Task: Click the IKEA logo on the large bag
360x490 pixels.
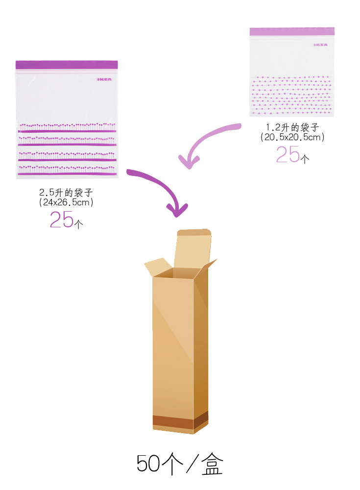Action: tap(103, 78)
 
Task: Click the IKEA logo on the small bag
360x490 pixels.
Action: tap(321, 45)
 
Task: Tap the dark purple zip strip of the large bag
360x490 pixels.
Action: tap(67, 65)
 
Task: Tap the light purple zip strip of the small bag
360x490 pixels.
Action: tap(291, 31)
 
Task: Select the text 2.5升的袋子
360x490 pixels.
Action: tap(66, 193)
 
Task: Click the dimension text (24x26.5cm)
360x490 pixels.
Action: tap(66, 202)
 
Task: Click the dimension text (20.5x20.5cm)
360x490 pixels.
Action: tap(292, 138)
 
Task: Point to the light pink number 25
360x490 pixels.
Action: tap(288, 155)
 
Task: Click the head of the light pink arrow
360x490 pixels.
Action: tap(187, 161)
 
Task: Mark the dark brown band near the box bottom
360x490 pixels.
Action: tap(173, 422)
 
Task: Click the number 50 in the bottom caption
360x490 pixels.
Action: tap(148, 464)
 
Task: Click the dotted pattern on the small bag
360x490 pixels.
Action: tap(291, 93)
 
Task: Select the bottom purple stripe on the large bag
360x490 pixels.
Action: tap(69, 173)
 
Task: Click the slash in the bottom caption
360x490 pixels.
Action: tap(188, 464)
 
